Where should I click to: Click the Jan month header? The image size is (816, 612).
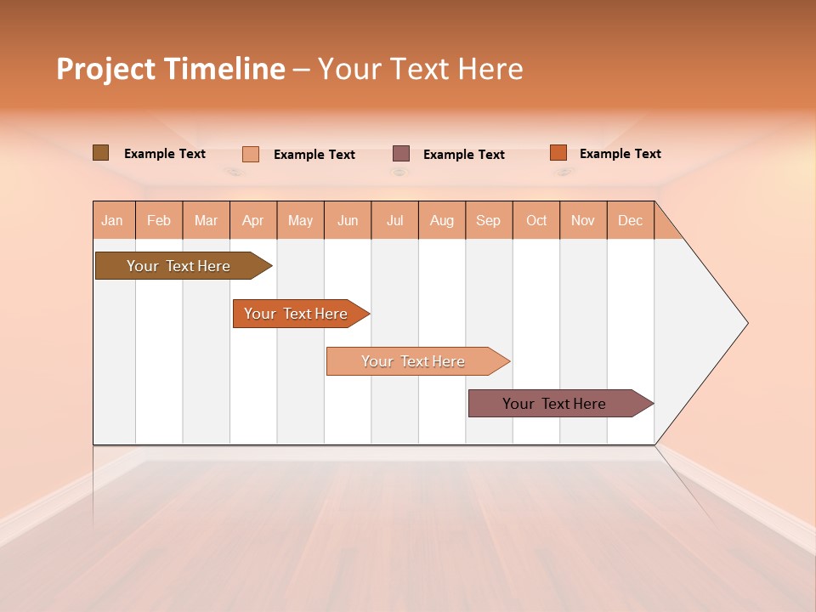point(113,221)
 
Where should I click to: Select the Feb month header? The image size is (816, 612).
point(159,221)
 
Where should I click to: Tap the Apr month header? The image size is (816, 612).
point(253,221)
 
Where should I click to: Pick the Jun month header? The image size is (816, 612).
point(348,221)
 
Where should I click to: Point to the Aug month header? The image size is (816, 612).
point(442,221)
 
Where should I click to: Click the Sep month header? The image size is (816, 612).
point(489,221)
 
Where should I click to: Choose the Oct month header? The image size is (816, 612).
point(536,221)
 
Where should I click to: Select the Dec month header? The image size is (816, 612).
point(631,221)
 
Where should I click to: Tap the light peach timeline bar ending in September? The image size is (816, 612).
point(414,361)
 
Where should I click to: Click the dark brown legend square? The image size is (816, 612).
point(101,153)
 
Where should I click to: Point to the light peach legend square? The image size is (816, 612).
point(251,154)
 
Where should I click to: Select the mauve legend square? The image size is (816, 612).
point(401,154)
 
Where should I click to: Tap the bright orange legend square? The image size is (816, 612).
point(558,153)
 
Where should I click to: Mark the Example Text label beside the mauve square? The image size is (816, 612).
point(464,155)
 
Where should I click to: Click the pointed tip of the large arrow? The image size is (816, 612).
point(745,323)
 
